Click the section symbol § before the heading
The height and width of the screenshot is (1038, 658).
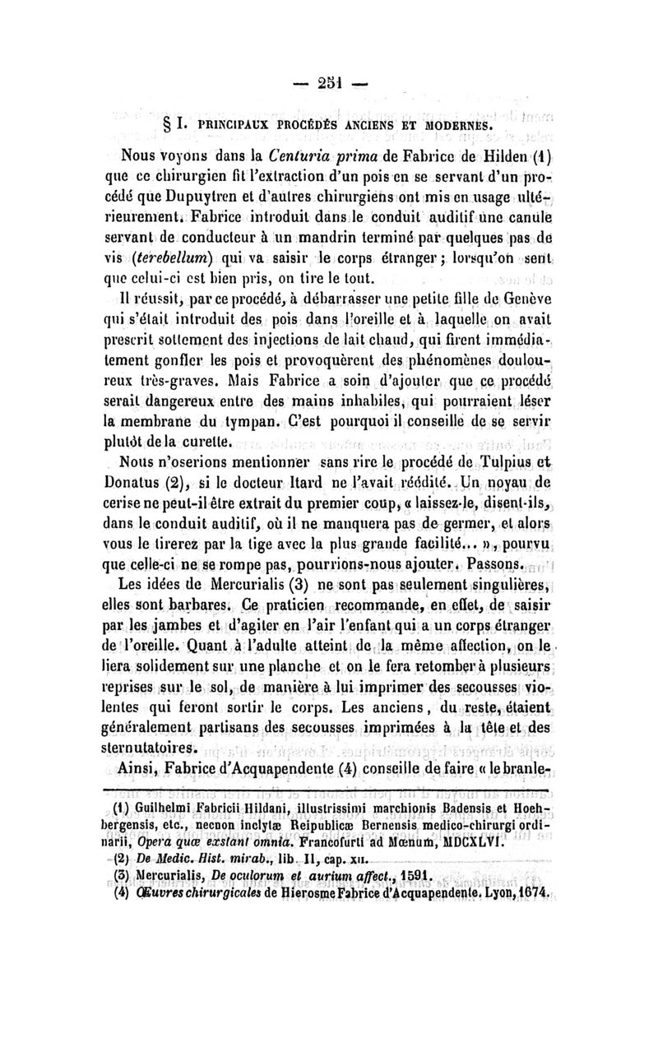pos(164,124)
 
